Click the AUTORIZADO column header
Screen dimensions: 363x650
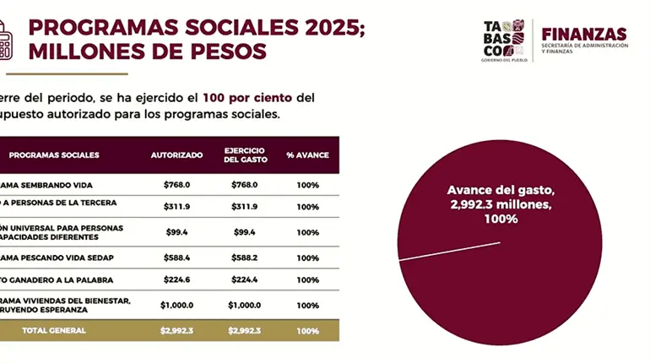coord(176,155)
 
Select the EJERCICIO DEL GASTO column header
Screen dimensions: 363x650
coord(245,155)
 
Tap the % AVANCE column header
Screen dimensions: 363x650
coord(307,155)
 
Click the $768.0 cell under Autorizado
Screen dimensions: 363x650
coord(176,185)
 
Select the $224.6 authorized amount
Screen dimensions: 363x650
coord(176,280)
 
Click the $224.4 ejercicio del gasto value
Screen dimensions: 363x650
coord(245,280)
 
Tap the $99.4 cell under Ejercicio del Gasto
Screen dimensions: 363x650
coord(245,232)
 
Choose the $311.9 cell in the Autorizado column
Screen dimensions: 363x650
coord(176,206)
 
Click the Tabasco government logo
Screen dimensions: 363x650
coord(504,41)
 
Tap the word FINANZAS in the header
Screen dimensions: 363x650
coord(584,34)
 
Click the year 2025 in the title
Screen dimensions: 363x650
coord(325,26)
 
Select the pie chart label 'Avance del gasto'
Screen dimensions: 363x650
coord(501,190)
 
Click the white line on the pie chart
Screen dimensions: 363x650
coord(448,251)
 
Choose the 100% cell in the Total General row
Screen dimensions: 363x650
coord(307,330)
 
